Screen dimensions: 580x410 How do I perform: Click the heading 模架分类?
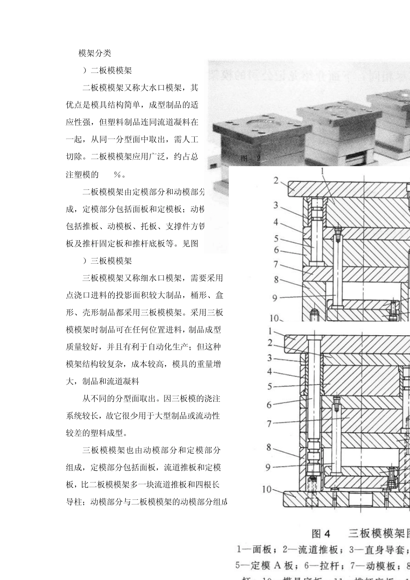click(95, 54)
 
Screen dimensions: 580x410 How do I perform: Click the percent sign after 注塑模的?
click(117, 175)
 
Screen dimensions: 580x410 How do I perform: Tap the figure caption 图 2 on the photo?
click(250, 159)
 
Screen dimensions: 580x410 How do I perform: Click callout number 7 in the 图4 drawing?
click(269, 424)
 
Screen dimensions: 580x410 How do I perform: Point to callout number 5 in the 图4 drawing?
click(269, 387)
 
